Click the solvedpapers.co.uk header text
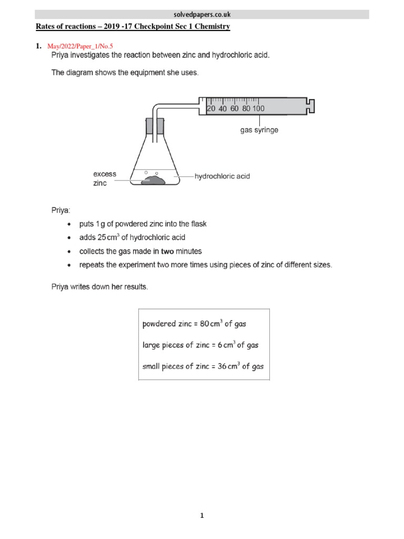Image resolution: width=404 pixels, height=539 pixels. point(201,14)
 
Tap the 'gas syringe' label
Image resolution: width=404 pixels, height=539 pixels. point(259,130)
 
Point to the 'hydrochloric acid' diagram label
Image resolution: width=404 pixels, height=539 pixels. point(222,176)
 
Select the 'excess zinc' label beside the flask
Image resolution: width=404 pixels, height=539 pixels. point(105,178)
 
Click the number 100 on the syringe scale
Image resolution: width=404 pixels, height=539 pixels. point(258,108)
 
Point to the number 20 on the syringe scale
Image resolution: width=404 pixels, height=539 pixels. point(211,108)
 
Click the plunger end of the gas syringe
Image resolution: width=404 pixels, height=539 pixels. point(311,105)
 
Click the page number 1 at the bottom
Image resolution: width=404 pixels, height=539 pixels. point(201,516)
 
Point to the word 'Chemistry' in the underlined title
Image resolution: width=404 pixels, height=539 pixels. point(211,26)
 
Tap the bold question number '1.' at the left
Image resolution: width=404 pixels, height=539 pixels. point(38,46)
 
